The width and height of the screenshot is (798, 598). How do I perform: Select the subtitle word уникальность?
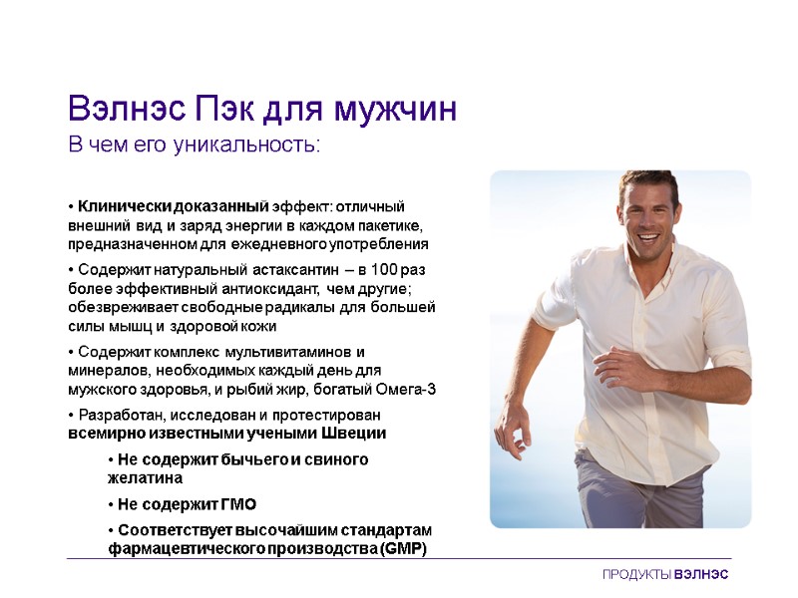pos(246,146)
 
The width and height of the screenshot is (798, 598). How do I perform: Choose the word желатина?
pos(145,478)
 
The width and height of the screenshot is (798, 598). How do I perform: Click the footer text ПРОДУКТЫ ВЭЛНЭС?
pos(665,576)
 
